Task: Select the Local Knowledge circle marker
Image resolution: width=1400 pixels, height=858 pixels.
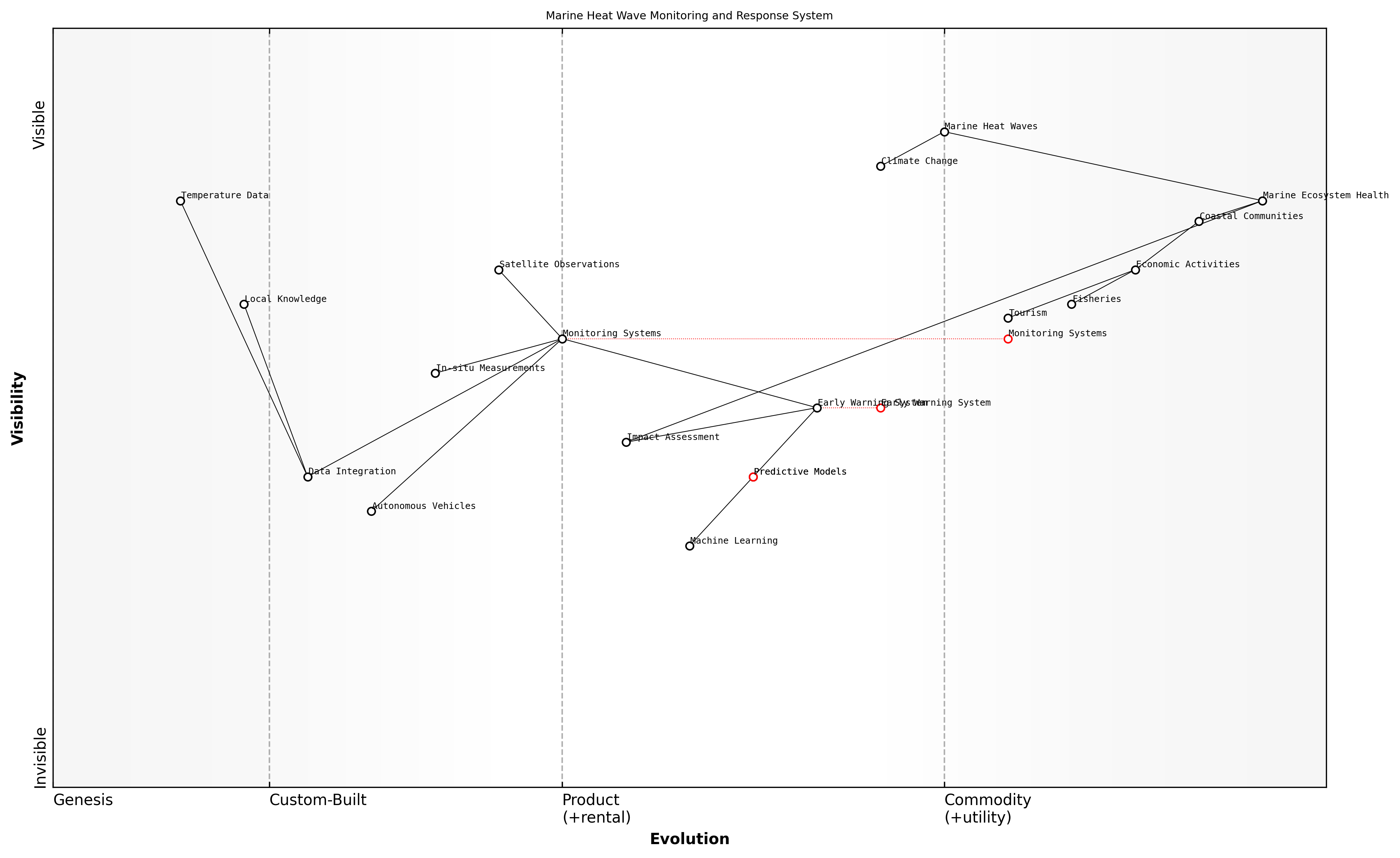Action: pyautogui.click(x=244, y=304)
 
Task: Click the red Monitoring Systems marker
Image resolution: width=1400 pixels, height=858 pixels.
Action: pyautogui.click(x=1008, y=339)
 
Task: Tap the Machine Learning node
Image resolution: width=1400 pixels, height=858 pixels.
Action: pyautogui.click(x=689, y=546)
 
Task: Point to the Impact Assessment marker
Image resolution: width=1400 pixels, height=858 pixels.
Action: pyautogui.click(x=626, y=442)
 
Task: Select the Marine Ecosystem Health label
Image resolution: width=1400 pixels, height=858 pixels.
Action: pyautogui.click(x=1325, y=195)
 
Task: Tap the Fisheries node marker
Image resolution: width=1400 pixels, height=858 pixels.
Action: pyautogui.click(x=1071, y=304)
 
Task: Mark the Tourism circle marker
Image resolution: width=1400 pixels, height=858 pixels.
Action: pyautogui.click(x=1008, y=318)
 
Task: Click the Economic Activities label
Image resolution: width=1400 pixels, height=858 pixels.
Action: pyautogui.click(x=1188, y=264)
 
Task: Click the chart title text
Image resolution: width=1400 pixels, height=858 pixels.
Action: pyautogui.click(x=689, y=16)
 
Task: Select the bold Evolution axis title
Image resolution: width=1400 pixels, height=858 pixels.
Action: pyautogui.click(x=689, y=839)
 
